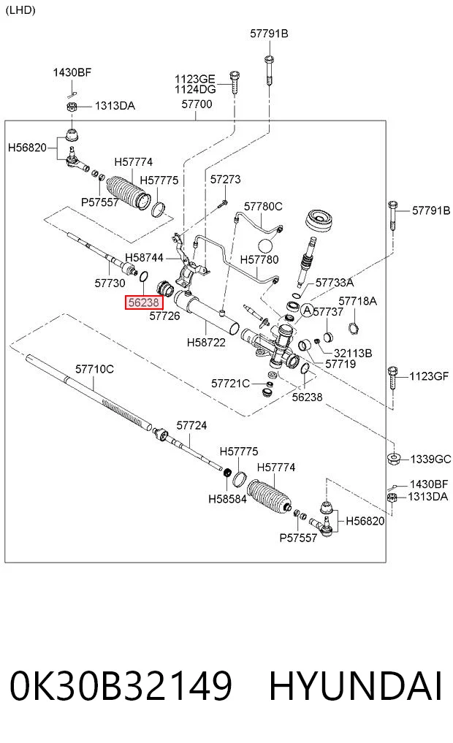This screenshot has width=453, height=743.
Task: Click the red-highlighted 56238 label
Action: (144, 302)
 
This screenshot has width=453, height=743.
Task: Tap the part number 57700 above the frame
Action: (197, 104)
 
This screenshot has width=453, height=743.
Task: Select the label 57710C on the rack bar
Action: (94, 369)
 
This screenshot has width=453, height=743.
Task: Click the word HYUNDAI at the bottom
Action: (355, 685)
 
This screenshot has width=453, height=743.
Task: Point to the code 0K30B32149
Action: (121, 685)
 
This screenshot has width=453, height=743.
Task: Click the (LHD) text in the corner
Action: (20, 10)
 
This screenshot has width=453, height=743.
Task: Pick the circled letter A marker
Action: (308, 310)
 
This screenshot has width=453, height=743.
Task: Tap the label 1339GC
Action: (430, 459)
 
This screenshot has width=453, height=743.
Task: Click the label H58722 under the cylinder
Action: (206, 342)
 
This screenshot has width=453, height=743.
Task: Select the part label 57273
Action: (226, 179)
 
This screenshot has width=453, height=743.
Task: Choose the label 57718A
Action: (358, 301)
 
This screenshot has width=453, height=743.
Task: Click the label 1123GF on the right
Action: (429, 376)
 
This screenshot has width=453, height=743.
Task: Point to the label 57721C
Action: (230, 383)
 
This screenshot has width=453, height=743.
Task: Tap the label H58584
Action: (227, 498)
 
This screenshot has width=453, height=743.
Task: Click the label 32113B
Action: (353, 353)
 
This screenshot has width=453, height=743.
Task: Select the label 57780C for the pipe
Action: (263, 206)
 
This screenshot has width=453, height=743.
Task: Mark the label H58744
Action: (144, 257)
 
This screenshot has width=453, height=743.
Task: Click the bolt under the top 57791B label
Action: (269, 69)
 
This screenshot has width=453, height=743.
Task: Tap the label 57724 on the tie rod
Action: (191, 425)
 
